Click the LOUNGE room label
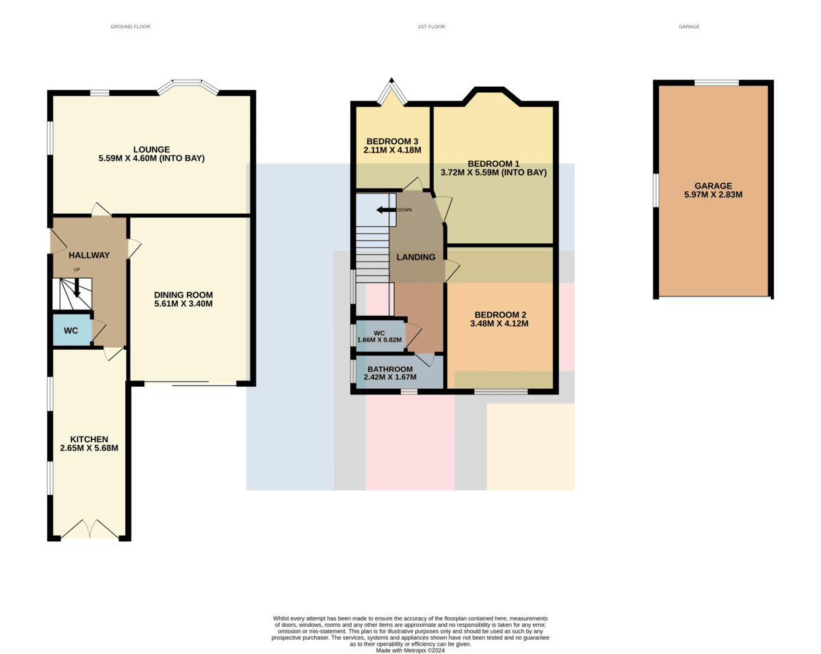click(151, 150)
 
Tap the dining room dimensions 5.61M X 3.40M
click(183, 303)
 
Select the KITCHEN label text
click(89, 439)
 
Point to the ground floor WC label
click(71, 331)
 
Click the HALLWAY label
click(89, 255)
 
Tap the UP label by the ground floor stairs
click(77, 269)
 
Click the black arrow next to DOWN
click(386, 210)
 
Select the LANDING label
click(416, 257)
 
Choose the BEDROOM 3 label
click(392, 141)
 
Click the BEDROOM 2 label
click(500, 315)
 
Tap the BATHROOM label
click(390, 369)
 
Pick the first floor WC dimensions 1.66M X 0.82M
click(379, 340)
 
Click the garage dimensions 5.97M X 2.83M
click(713, 195)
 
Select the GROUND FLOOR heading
click(131, 27)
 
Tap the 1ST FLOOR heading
click(431, 27)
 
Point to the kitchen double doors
click(90, 529)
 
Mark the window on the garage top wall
click(716, 83)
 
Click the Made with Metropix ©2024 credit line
click(410, 651)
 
